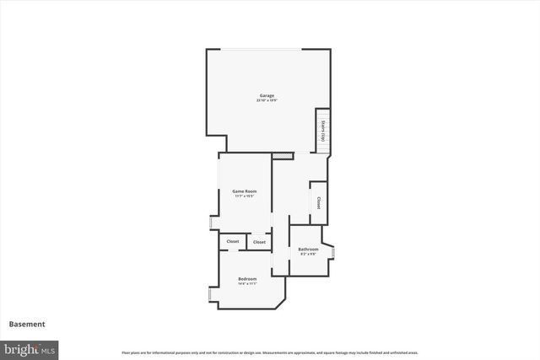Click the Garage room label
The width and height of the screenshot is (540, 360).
click(267, 95)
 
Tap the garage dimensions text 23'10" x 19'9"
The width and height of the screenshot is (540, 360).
click(267, 100)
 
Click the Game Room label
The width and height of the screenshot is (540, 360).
click(245, 191)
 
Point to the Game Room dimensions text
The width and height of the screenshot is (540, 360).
click(245, 196)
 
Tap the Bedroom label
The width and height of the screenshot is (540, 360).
click(247, 278)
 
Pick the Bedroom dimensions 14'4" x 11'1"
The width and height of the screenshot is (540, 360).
click(247, 283)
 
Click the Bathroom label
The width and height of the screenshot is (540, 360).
click(308, 249)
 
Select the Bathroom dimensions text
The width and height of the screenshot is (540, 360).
click(308, 254)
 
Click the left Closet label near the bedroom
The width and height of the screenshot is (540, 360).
click(232, 242)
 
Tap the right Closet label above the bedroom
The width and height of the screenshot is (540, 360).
click(259, 242)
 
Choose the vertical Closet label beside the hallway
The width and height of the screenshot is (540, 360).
click(318, 203)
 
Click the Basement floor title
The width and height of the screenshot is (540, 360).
click(27, 324)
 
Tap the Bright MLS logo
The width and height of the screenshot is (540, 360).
click(30, 348)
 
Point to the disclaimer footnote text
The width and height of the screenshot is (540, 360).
click(269, 352)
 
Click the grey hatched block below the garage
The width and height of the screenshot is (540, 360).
click(283, 156)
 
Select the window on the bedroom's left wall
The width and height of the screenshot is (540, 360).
click(209, 296)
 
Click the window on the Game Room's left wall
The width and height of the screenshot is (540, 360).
click(212, 223)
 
